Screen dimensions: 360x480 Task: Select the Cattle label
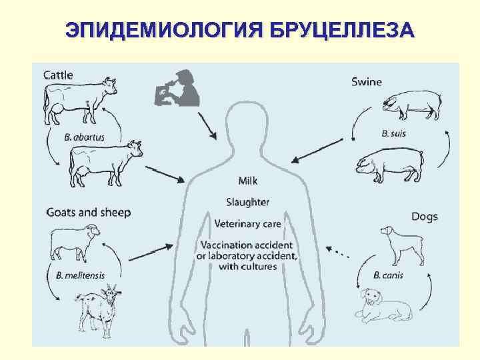point(59,75)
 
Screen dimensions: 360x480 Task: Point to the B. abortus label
point(85,137)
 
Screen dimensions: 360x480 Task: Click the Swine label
point(367,82)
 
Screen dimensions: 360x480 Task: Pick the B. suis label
point(393,133)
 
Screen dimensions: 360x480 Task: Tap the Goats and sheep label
point(89,213)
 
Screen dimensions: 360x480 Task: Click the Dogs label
point(424,217)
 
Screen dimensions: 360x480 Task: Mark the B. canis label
point(388,275)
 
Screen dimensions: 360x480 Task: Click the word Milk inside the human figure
point(247,181)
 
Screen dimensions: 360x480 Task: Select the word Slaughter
point(247,201)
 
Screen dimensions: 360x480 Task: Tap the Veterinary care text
point(247,223)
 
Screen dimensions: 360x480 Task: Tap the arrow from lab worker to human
point(207,125)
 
